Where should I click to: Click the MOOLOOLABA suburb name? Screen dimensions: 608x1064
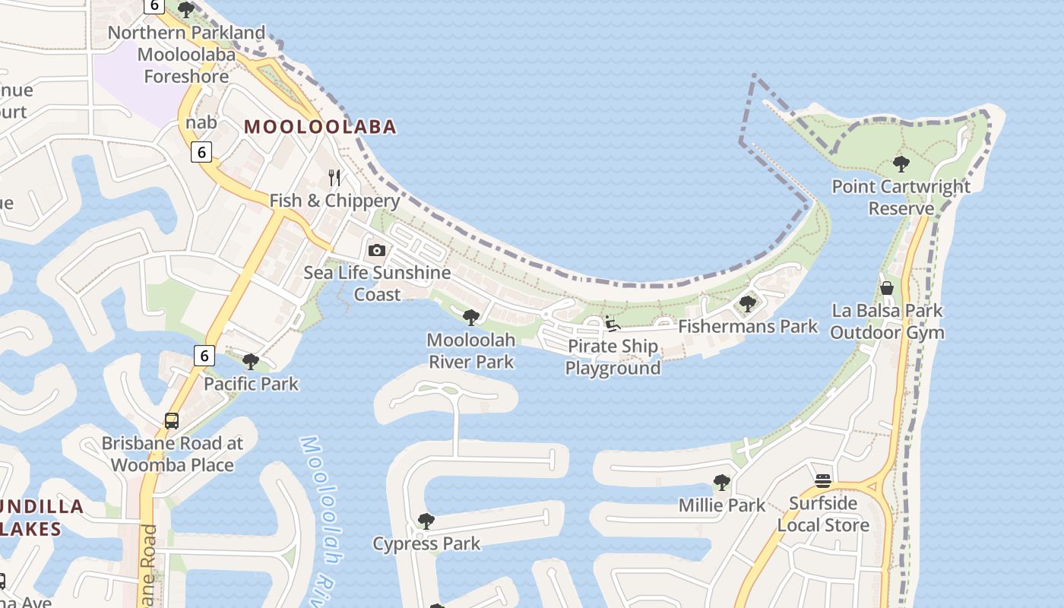click(x=320, y=126)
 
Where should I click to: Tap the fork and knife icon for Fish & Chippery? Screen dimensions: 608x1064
click(x=334, y=178)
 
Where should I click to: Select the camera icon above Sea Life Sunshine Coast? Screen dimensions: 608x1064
click(x=376, y=250)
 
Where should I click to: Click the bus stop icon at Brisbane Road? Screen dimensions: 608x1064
click(x=172, y=421)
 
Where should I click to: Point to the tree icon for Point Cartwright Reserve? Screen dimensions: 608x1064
click(x=901, y=163)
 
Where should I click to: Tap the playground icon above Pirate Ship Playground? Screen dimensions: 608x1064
click(x=612, y=324)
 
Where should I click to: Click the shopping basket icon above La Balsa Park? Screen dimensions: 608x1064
click(x=886, y=288)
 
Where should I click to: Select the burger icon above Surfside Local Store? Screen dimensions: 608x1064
click(x=822, y=480)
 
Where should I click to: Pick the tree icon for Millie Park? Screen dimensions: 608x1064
click(x=721, y=483)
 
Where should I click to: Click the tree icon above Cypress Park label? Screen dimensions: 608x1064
click(x=426, y=521)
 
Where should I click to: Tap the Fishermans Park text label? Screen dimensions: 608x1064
click(x=748, y=327)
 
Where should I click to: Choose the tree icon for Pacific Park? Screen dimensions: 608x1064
click(x=250, y=361)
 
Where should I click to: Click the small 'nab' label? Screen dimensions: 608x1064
click(x=201, y=122)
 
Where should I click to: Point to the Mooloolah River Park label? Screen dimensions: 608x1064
click(x=471, y=350)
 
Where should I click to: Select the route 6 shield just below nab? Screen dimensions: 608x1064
click(x=201, y=152)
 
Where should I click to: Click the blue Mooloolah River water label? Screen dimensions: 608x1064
click(x=320, y=517)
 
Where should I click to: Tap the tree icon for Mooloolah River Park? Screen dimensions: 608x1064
click(x=470, y=317)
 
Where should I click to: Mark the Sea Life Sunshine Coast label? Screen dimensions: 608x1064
click(x=377, y=283)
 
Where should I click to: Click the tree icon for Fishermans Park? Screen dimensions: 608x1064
click(x=747, y=304)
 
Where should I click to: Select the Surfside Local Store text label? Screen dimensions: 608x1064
click(x=823, y=514)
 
